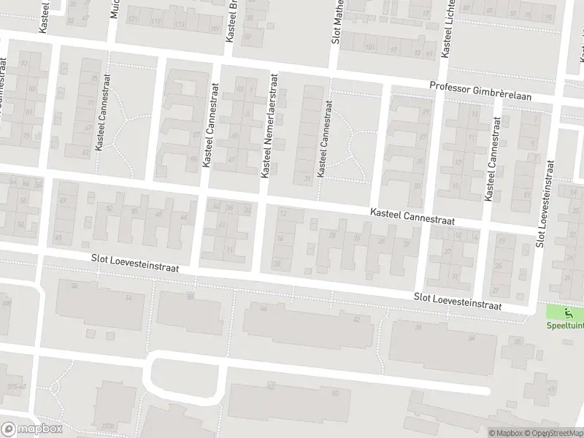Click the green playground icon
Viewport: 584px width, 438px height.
pos(569,315)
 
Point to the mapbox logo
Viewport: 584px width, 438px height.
pos(31,429)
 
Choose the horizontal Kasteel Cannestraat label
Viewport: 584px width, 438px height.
pos(412,216)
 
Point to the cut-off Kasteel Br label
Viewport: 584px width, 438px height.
pos(231,22)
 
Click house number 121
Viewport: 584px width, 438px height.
pos(132,18)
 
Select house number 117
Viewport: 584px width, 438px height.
pos(155,22)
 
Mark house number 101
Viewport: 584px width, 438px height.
pos(369,48)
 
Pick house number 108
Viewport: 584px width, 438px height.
pos(7,303)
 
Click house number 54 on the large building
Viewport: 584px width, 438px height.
pos(128,297)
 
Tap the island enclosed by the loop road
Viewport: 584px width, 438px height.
pos(185,377)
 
